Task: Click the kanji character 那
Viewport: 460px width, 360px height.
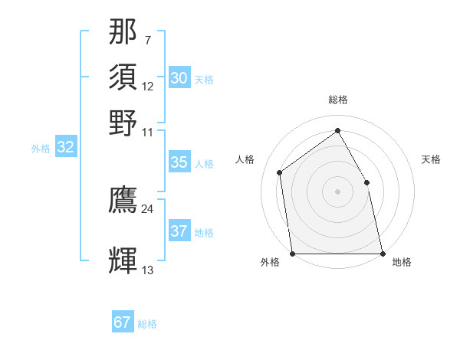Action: pos(123,31)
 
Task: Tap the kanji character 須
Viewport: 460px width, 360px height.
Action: pos(123,77)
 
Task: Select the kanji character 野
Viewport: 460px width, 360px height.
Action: pos(123,123)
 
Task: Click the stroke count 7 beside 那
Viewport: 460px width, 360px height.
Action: pos(147,40)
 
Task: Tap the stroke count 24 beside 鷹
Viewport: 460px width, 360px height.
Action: pos(147,208)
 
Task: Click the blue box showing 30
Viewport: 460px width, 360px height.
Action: pos(179,78)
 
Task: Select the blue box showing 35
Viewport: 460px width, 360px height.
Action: pos(179,162)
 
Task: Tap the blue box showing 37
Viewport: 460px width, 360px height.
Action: pos(179,231)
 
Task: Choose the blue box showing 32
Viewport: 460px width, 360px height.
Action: pos(65,148)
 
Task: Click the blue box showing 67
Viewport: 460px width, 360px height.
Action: pos(122,322)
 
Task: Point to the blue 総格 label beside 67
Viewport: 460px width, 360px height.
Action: pos(147,324)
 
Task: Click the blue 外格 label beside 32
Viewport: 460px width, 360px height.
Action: pos(41,149)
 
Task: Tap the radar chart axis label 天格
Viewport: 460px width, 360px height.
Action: pos(432,159)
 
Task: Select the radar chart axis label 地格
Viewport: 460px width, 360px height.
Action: pos(402,262)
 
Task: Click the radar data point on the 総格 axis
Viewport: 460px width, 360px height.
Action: pos(337,130)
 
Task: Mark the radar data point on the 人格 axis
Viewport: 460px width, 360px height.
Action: pos(280,172)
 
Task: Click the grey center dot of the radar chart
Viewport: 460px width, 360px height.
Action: pos(337,191)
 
